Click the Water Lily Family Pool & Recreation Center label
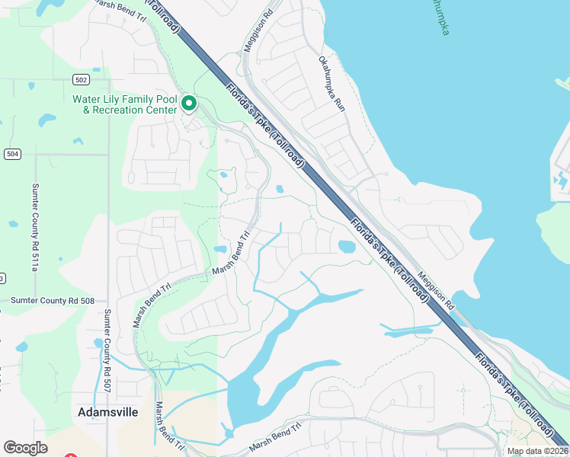pos(125,104)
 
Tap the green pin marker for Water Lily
pos(189,104)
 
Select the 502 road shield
pos(82,79)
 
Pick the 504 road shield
pos(11,154)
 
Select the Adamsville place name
pos(107,411)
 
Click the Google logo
pos(25,448)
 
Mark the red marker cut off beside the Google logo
pos(70,455)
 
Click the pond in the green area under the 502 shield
pos(47,120)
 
